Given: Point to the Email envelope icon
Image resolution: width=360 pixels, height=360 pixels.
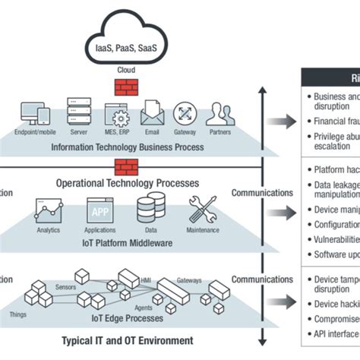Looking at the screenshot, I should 150,113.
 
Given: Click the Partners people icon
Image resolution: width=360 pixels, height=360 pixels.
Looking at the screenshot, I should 219,114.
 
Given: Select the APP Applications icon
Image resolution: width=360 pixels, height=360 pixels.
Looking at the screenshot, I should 99,210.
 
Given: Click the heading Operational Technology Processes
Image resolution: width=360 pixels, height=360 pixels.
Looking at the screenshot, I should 127,183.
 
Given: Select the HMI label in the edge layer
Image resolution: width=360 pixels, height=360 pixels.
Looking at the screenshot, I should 146,280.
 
